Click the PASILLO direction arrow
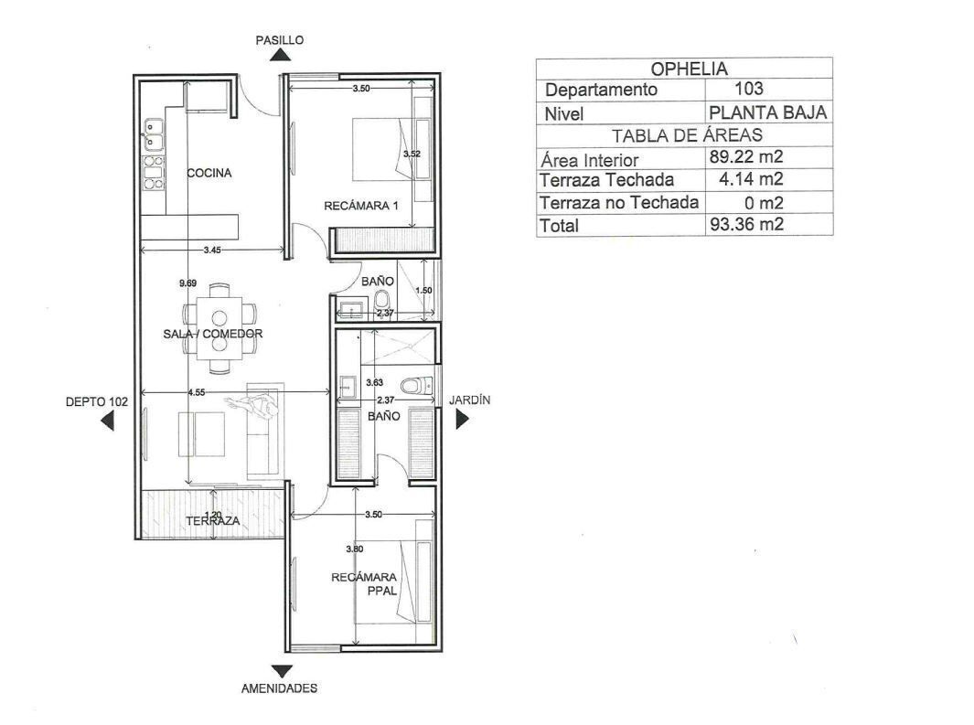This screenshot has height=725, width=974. [281, 55]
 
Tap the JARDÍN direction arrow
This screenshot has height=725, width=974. [462, 420]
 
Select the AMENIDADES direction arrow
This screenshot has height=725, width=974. [282, 671]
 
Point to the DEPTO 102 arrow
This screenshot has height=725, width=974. [108, 421]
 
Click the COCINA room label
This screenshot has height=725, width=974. [209, 173]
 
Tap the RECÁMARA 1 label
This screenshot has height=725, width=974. [361, 206]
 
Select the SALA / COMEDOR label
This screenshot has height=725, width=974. [213, 334]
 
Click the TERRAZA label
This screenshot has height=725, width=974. [213, 521]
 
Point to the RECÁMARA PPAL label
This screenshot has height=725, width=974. [364, 583]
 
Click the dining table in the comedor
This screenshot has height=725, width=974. [219, 328]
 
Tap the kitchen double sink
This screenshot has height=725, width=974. [154, 134]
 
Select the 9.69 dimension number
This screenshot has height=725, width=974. [187, 283]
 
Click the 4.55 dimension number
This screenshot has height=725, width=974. [197, 392]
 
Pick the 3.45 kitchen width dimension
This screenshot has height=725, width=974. [212, 251]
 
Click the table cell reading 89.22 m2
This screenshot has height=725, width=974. [746, 156]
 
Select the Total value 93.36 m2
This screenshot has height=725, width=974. [746, 224]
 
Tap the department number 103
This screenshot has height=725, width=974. [748, 88]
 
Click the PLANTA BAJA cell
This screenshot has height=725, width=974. [768, 113]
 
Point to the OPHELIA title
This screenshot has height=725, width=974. [689, 69]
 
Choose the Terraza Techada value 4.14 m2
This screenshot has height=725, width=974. [750, 179]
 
